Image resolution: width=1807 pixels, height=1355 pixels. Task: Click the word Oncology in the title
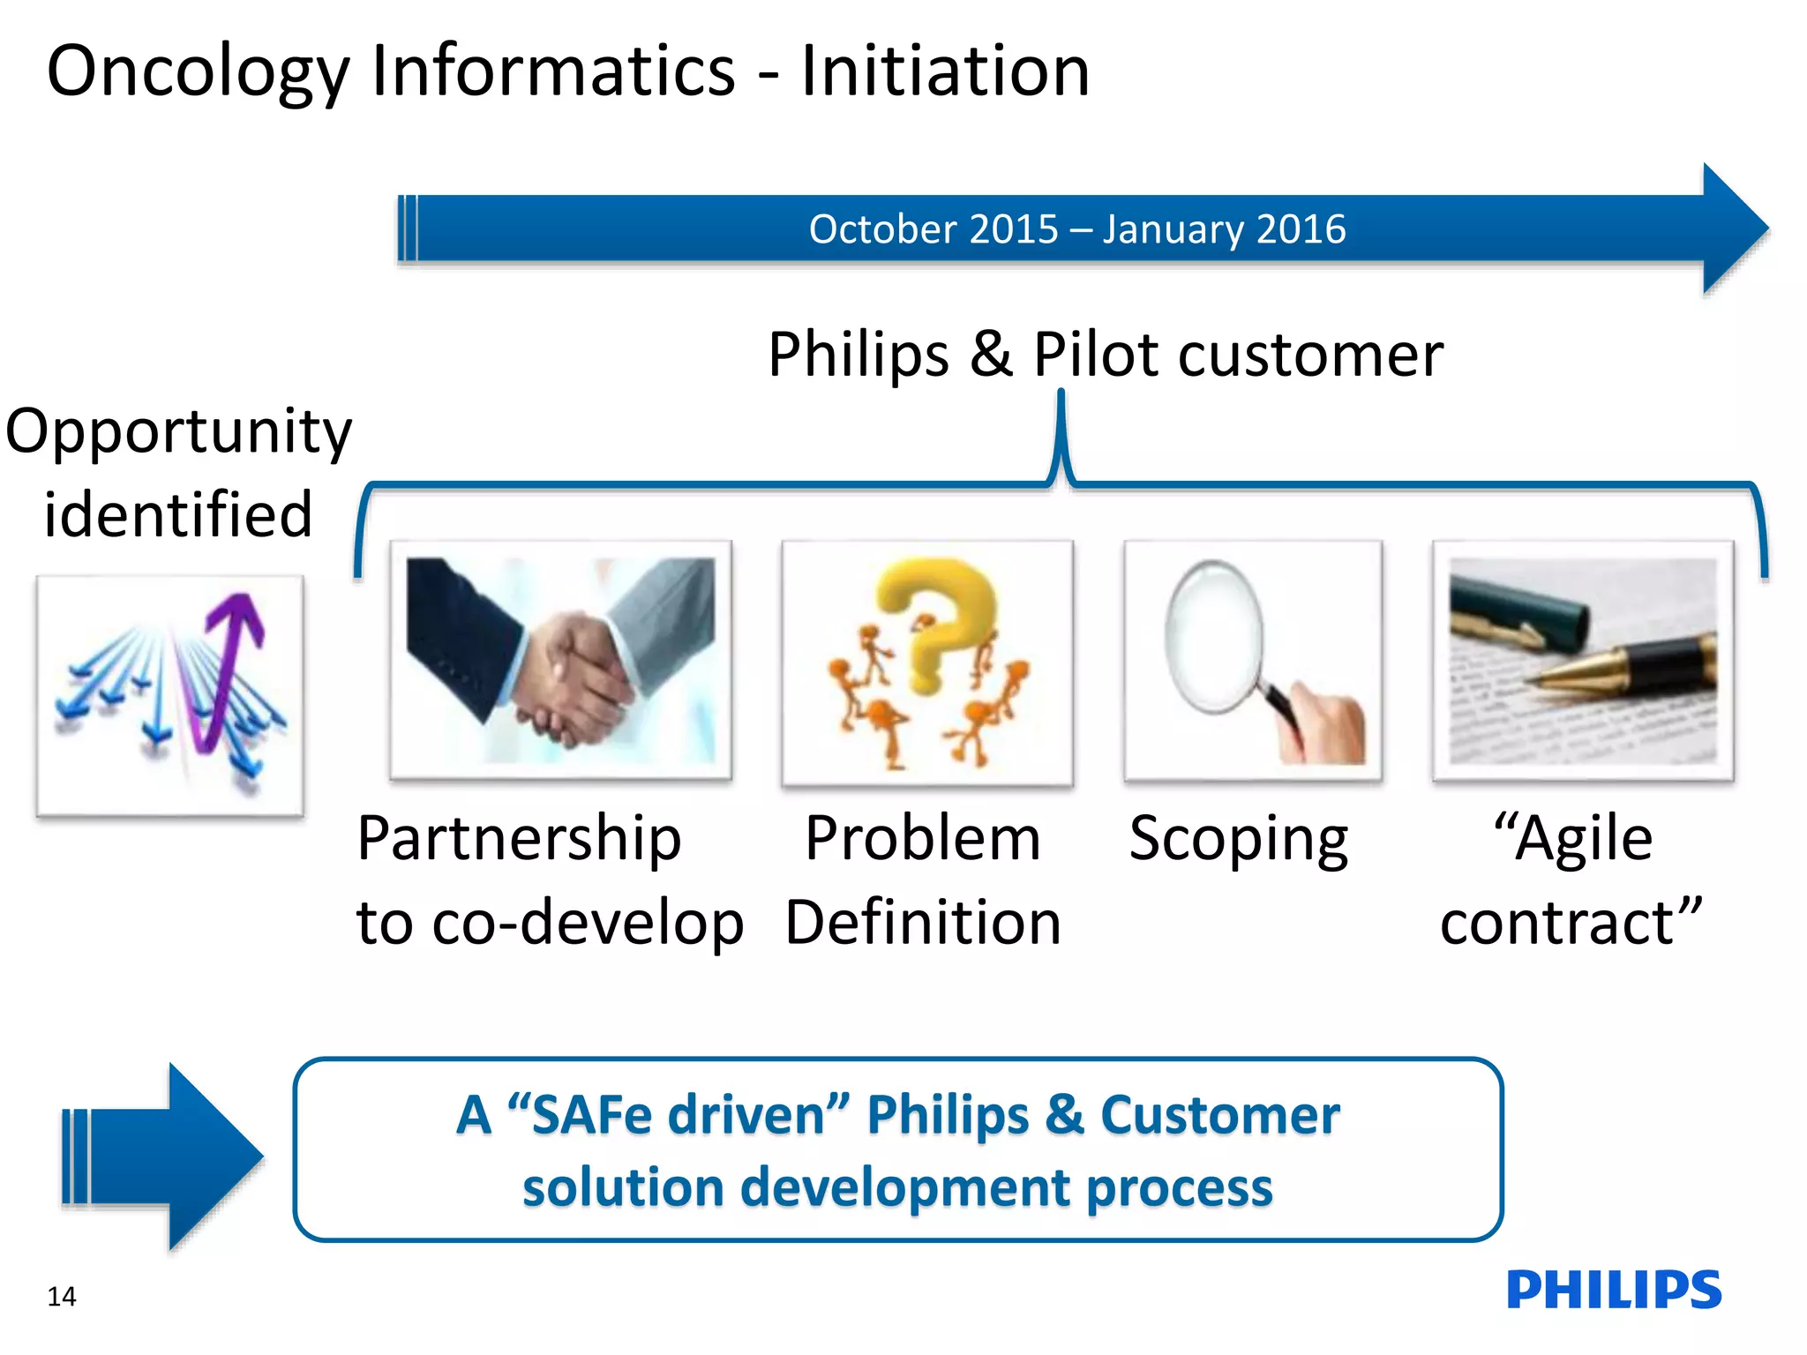pos(199,72)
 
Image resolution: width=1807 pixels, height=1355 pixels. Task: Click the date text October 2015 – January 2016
pos(1076,229)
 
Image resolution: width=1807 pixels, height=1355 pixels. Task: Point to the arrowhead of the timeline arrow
pos(1734,228)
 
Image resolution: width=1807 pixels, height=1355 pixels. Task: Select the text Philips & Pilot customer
pos(1105,355)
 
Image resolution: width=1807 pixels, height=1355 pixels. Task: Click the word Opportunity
pos(178,432)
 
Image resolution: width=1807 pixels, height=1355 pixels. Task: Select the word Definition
pos(923,923)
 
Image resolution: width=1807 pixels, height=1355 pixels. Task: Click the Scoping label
pos(1239,840)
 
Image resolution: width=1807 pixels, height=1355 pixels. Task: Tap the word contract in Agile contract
pos(1557,923)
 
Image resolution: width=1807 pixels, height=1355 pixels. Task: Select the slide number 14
pos(62,1297)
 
